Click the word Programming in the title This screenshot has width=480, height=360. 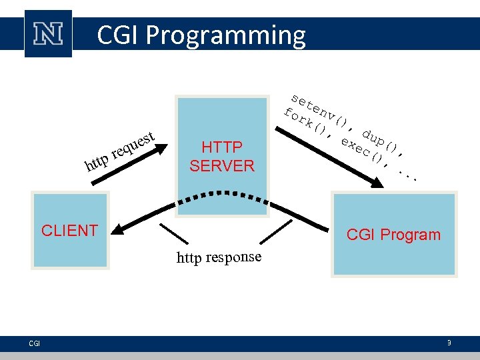[x=227, y=35]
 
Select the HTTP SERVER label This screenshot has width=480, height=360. [x=222, y=157]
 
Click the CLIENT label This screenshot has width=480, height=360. [x=69, y=231]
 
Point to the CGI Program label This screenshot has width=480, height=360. [x=393, y=235]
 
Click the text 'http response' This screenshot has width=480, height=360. [x=219, y=257]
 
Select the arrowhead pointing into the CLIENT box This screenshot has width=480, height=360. [x=113, y=229]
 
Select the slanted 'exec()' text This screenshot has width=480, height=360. [x=361, y=149]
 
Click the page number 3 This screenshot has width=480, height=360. [x=449, y=343]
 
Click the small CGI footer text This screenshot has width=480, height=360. [x=35, y=343]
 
